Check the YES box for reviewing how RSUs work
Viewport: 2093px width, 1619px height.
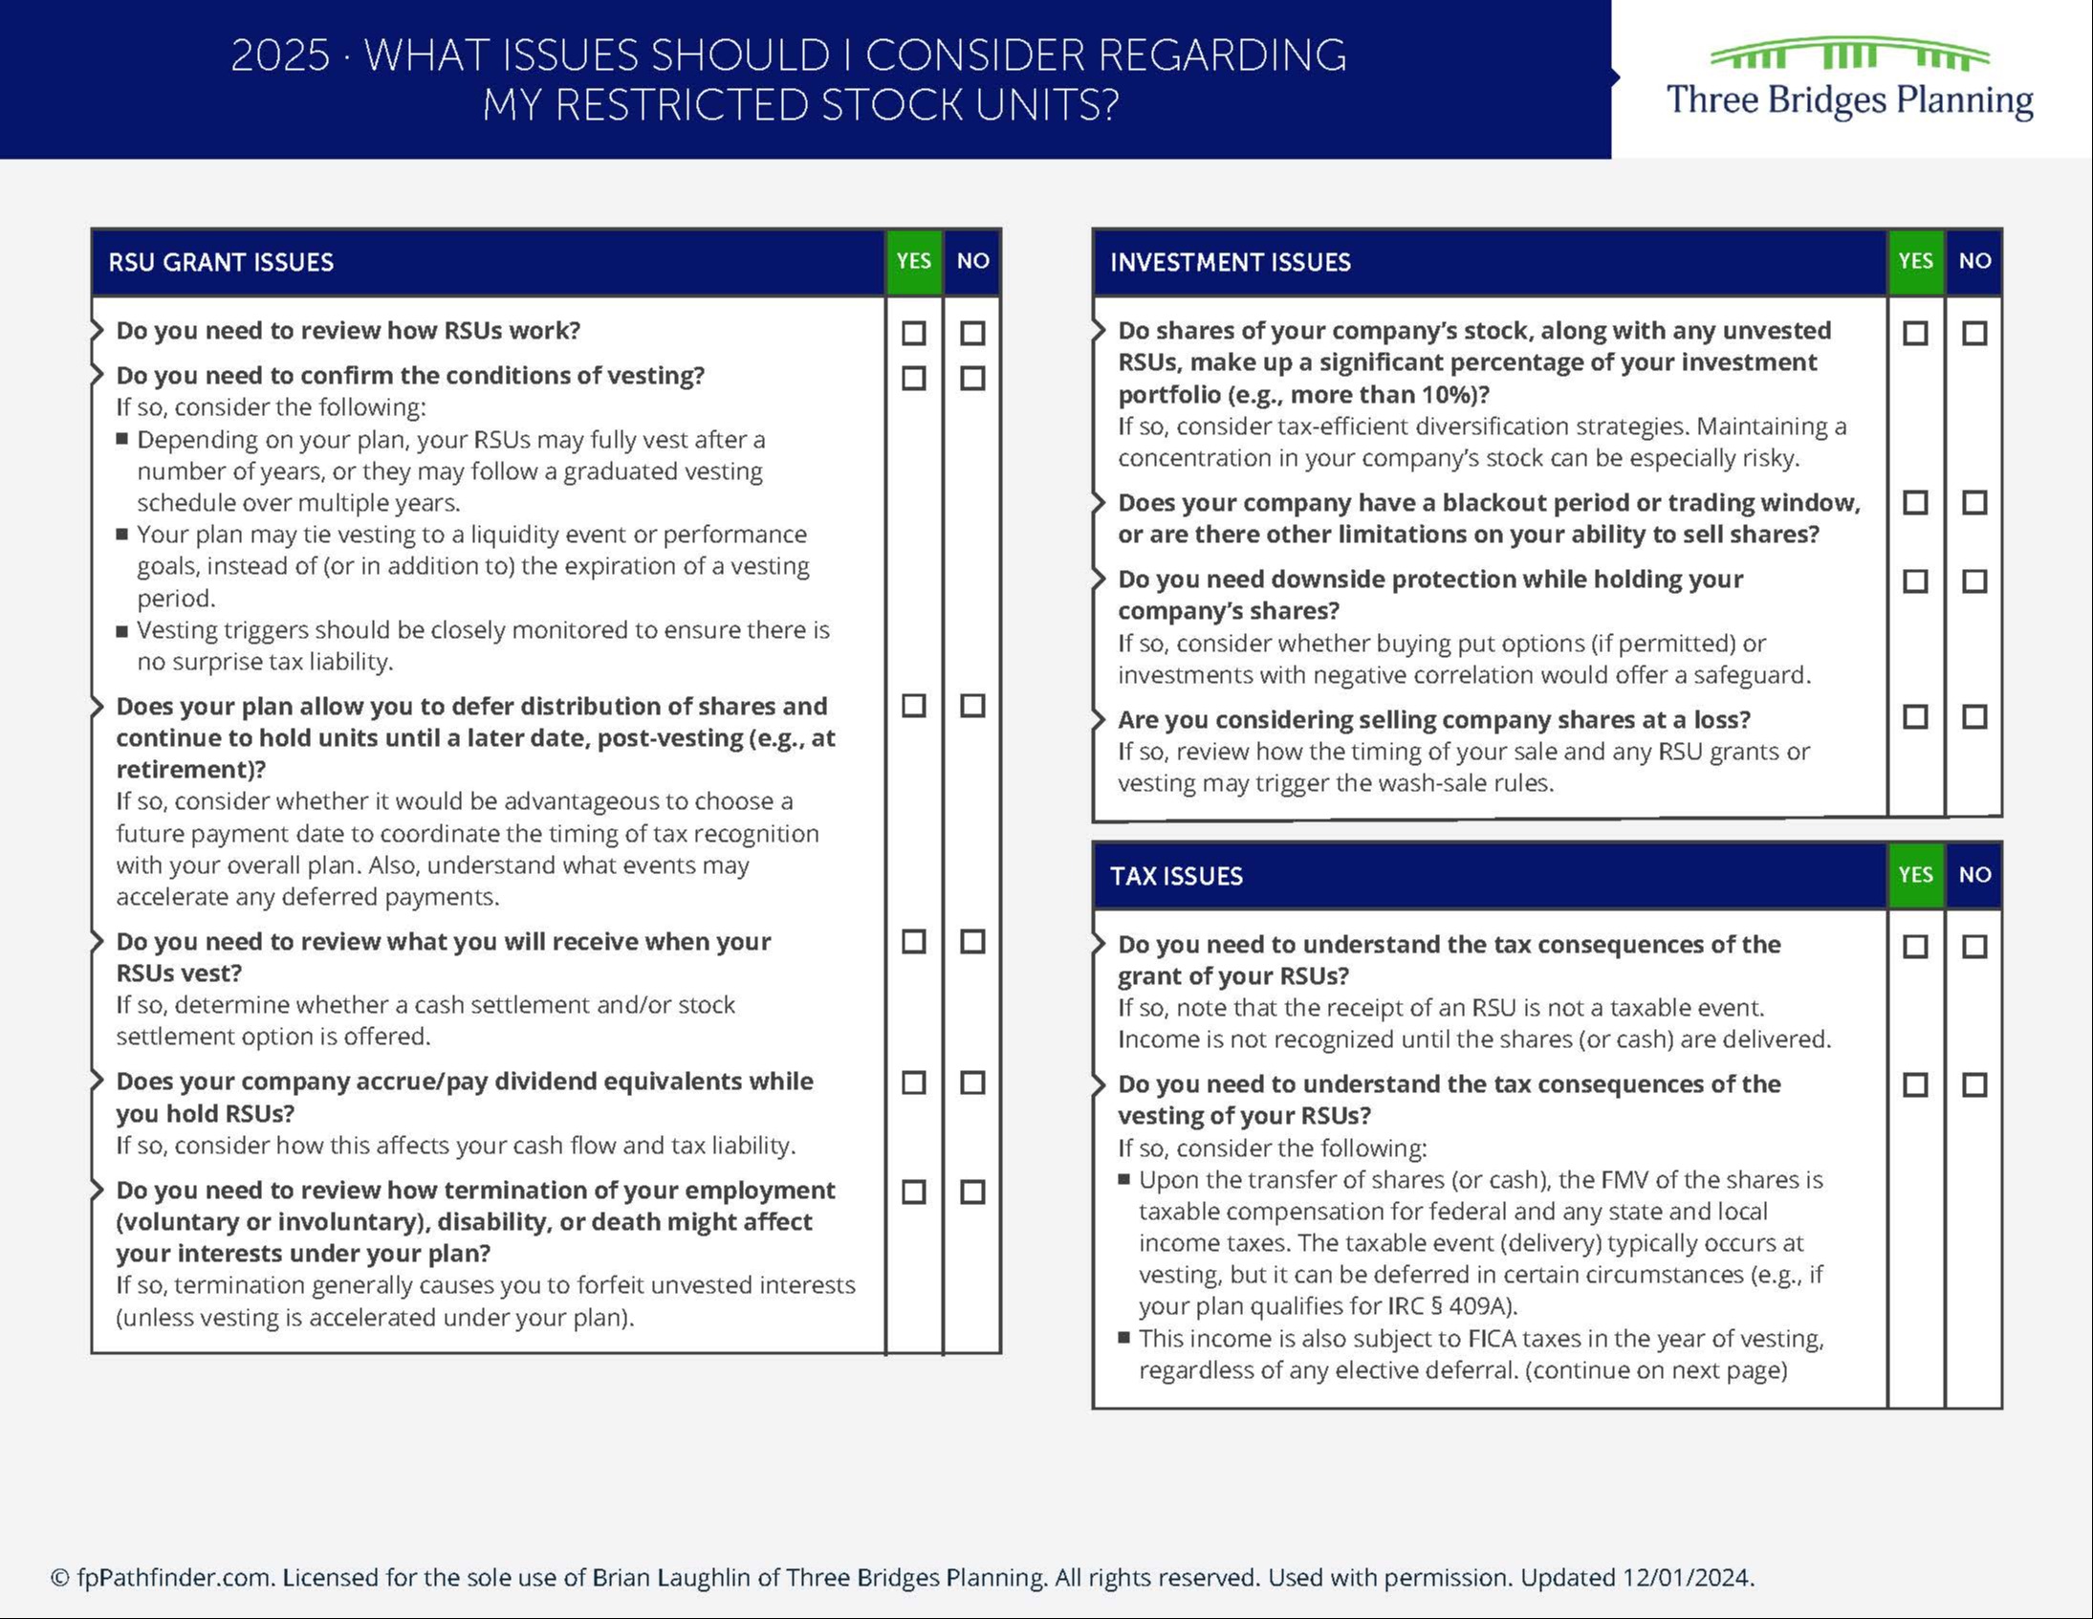[913, 334]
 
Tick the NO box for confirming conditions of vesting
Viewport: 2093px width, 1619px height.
[972, 379]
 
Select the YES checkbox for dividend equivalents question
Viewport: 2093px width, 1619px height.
[913, 1083]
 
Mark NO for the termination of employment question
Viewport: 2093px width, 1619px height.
[972, 1192]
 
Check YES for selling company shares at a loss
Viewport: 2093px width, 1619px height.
[1915, 717]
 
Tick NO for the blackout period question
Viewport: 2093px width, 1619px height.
[1974, 503]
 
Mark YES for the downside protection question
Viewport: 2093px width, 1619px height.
[1915, 581]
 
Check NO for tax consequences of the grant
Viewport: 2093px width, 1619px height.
[1974, 947]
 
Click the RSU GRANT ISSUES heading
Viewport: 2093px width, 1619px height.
[221, 263]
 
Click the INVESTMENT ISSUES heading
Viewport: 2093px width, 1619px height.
[1230, 263]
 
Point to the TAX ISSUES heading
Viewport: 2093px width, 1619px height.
[1176, 876]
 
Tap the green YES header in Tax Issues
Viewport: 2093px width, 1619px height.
[1915, 874]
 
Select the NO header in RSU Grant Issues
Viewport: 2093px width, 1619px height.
[972, 261]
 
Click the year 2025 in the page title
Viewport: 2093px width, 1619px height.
[280, 55]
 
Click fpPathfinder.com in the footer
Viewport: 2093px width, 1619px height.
[173, 1578]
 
